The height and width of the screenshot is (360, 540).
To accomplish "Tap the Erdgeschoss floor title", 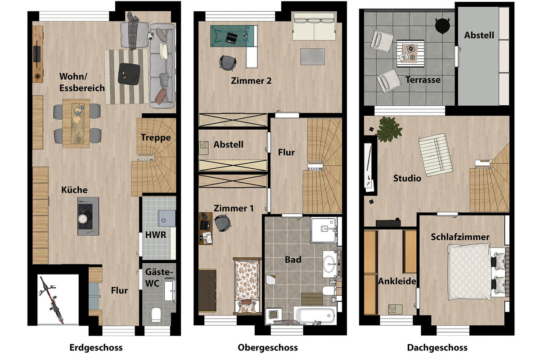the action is (x=96, y=347).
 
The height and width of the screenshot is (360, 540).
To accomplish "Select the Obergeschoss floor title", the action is (x=268, y=347).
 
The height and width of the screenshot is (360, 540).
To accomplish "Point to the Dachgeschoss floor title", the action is (x=437, y=347).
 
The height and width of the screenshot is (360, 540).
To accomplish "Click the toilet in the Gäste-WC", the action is (x=156, y=315).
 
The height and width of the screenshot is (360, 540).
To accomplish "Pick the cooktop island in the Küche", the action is (x=88, y=216).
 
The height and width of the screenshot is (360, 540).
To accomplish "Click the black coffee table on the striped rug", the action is (x=129, y=74).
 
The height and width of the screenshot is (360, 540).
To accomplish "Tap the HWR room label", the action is (x=156, y=235).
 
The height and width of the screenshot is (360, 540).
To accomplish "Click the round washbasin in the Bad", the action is (x=330, y=264).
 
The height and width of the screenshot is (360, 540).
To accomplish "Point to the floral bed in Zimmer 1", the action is (x=247, y=286).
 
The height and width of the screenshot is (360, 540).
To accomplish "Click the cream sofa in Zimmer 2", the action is (x=314, y=26).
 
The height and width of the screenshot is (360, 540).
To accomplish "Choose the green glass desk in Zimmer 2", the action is (x=232, y=36).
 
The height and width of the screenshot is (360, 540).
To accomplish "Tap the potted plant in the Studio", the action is (x=388, y=129).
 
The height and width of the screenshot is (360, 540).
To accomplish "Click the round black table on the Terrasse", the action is (x=442, y=25).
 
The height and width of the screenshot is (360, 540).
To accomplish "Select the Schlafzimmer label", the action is (x=460, y=237).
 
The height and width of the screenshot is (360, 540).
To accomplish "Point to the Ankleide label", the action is (x=397, y=281).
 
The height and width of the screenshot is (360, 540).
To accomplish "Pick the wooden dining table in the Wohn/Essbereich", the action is (x=76, y=123).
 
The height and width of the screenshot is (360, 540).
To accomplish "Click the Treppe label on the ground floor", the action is (x=156, y=138).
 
